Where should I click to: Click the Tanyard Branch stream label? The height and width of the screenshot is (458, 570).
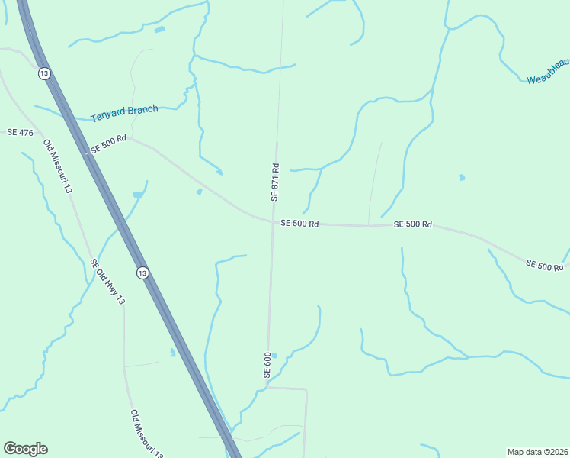point(124,114)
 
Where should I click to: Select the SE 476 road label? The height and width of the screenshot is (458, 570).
point(20,133)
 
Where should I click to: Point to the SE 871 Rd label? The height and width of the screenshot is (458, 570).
point(275,182)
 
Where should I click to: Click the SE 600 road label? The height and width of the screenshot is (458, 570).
point(267,365)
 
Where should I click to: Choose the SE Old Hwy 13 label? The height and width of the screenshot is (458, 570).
point(107,282)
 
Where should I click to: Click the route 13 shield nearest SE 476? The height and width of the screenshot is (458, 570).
point(44,73)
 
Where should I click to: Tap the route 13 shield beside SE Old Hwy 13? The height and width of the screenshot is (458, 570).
point(142,273)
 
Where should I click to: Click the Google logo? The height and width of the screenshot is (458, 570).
point(25,449)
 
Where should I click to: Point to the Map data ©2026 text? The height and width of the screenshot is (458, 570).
point(537,451)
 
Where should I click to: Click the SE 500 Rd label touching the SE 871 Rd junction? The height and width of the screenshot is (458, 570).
point(299,224)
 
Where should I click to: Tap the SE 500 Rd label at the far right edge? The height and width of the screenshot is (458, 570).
point(544,265)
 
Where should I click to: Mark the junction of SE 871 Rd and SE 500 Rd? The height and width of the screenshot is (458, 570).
point(273,223)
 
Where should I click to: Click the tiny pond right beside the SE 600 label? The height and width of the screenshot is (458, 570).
point(274,355)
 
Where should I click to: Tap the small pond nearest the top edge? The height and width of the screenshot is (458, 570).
point(159,30)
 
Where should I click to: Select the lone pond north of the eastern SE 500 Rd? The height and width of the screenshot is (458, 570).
point(462,178)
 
